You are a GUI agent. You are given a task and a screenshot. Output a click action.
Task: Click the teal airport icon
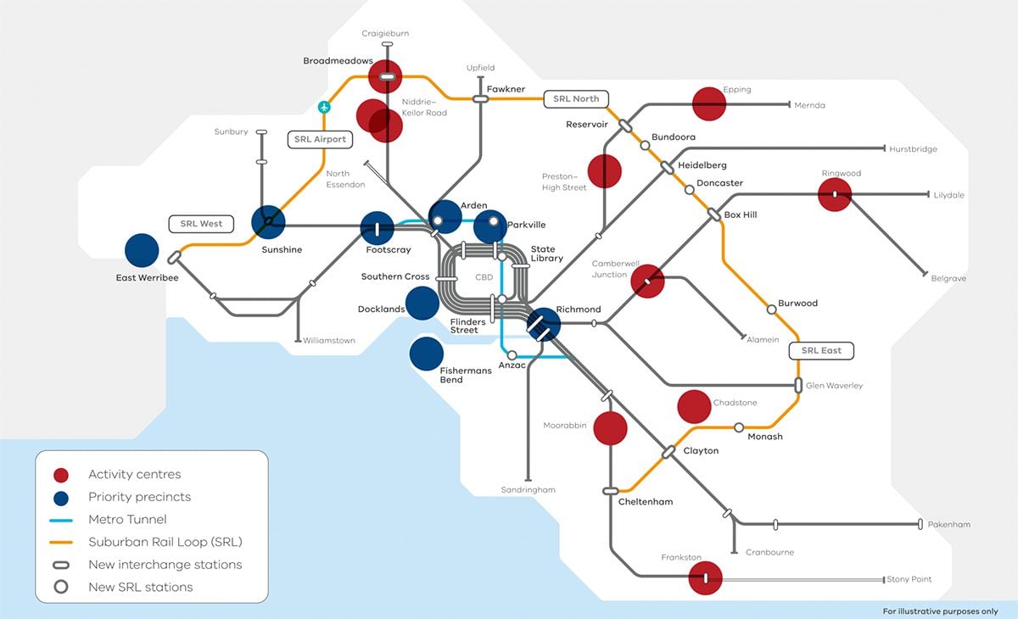pos(323,107)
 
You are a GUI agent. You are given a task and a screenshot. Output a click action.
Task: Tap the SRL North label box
pos(576,98)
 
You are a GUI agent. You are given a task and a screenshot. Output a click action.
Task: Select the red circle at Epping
pos(709,103)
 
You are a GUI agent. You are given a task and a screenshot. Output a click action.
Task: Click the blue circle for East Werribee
pos(142,250)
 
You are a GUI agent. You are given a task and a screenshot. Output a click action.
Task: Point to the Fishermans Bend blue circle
pos(426,354)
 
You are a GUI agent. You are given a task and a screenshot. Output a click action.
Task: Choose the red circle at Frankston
pos(705,578)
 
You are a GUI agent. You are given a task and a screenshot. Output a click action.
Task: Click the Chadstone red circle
pos(694,407)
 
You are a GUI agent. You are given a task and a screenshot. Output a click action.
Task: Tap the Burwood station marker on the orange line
pos(771,309)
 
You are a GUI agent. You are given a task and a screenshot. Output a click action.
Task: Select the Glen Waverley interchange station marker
pos(798,386)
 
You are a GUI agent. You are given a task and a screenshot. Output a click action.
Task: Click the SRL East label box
pos(821,349)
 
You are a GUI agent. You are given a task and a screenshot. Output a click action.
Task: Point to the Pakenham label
pos(948,525)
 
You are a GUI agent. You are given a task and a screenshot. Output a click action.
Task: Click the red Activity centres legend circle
pos(60,475)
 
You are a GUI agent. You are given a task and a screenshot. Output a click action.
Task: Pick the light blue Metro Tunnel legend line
pos(60,520)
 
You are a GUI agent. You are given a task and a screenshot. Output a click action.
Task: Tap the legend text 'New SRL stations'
pos(140,587)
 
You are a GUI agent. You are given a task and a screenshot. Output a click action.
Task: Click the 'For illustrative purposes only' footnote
pos(940,611)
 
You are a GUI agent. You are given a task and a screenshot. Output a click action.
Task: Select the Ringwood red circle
pos(835,194)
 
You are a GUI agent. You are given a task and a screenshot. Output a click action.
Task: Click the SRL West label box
pos(201,224)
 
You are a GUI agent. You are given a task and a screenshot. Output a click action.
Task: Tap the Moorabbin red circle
pos(610,428)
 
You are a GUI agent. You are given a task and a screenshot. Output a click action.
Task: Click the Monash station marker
pos(739,427)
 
